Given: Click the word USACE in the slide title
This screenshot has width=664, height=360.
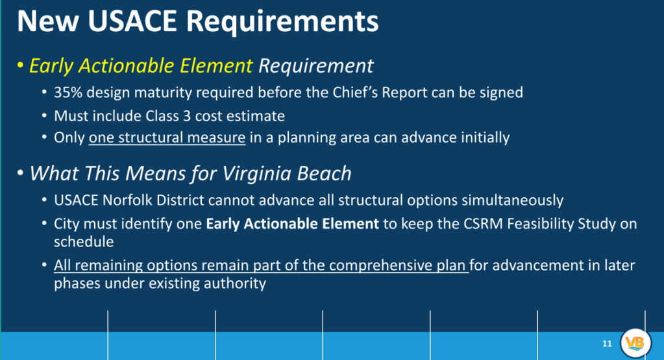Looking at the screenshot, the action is [132, 21].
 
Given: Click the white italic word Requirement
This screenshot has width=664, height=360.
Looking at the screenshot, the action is [316, 66].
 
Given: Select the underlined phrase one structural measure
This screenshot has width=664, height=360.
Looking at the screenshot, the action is [167, 138].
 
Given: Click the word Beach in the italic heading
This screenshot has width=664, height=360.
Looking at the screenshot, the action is [325, 173].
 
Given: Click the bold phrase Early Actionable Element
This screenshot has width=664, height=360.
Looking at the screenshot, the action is [292, 223].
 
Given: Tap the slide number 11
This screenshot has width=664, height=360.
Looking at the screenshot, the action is [608, 344].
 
